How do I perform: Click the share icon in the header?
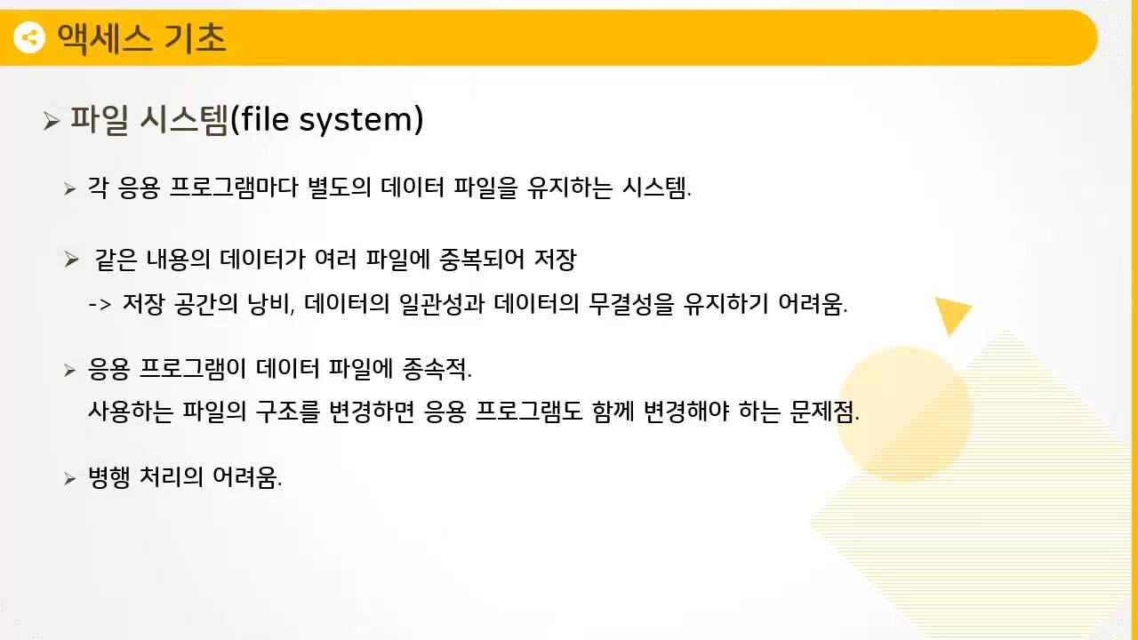[29, 37]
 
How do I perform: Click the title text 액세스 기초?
[141, 37]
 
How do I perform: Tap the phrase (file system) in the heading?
[326, 119]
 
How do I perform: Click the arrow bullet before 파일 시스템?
[51, 121]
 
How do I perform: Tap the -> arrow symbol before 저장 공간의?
[99, 305]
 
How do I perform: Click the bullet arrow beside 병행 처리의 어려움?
[70, 479]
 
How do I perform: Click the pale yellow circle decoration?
[902, 413]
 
